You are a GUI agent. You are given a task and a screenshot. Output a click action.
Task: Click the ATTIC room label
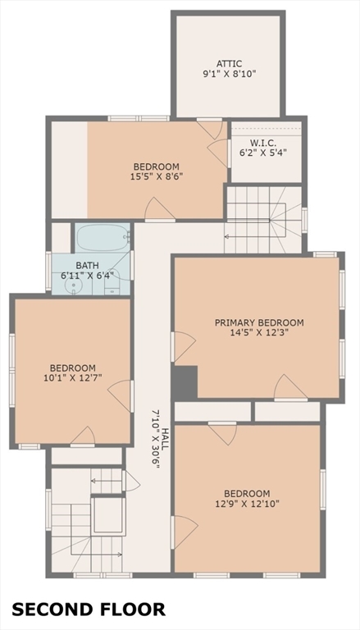pos(229,64)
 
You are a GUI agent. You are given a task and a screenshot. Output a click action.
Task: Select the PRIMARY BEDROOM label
pos(259,322)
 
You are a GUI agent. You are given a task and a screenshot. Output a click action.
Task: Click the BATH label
pos(87,266)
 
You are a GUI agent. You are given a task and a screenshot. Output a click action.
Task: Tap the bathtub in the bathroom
pos(103,237)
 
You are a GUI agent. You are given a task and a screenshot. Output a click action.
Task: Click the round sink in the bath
pos(73,286)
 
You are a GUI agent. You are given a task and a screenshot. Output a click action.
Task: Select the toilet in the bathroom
pos(112,284)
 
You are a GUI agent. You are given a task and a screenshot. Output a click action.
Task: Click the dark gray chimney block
pos(185,382)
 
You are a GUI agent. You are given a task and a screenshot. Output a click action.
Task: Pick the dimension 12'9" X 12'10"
pos(247,504)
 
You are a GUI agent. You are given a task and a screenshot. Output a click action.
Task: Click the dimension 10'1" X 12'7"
pos(73,377)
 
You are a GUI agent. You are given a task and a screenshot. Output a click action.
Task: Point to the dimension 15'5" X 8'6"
pos(157,176)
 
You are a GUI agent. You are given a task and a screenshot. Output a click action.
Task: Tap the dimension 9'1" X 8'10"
pos(229,74)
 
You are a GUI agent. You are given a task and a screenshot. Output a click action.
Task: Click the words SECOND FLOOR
pos(89,609)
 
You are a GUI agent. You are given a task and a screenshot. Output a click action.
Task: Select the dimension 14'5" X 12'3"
pos(259,332)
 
